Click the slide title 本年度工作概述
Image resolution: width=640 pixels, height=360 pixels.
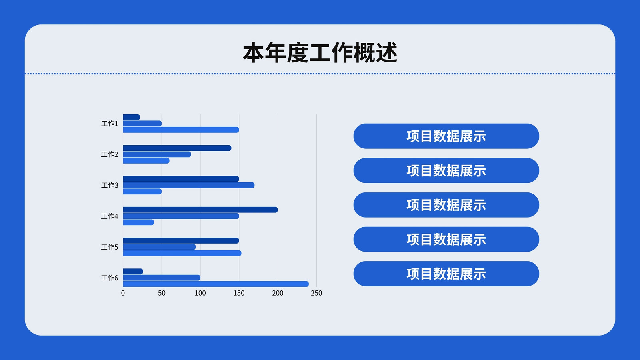click(320, 52)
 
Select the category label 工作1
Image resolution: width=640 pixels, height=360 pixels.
click(110, 124)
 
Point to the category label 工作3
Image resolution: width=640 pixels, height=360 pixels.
click(110, 185)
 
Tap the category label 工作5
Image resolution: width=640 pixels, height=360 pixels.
click(110, 247)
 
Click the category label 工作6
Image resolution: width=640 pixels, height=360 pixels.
click(110, 278)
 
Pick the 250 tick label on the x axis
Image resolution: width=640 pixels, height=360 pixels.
click(316, 293)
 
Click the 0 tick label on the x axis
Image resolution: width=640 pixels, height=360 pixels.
click(123, 293)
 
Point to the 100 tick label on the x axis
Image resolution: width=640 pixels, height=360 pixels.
click(200, 293)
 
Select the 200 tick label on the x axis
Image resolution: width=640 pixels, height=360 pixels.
click(278, 293)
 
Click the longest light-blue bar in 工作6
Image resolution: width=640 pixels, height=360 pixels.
click(216, 284)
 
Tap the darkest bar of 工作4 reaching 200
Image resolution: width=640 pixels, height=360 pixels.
click(200, 210)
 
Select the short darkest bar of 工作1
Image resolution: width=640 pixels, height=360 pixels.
click(132, 117)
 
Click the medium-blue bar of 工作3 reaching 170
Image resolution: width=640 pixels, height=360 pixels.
click(188, 185)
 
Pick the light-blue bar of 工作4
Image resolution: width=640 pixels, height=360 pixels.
click(138, 222)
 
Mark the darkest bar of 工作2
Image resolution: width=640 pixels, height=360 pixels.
click(177, 148)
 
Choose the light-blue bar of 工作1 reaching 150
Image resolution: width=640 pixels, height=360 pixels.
click(181, 130)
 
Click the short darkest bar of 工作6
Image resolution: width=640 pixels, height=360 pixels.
click(133, 272)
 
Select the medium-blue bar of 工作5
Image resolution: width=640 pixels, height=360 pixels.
click(159, 247)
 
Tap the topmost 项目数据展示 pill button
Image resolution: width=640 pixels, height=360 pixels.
click(446, 136)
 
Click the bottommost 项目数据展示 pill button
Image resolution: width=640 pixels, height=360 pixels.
click(446, 274)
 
